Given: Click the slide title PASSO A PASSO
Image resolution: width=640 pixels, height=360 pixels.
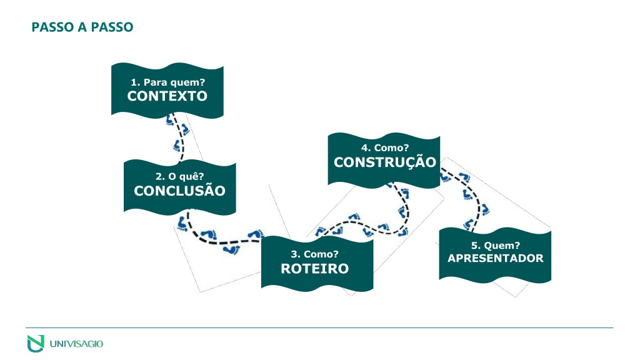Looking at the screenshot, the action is pyautogui.click(x=82, y=27).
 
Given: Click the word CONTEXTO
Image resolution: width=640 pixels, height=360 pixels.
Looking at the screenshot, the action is pyautogui.click(x=167, y=96).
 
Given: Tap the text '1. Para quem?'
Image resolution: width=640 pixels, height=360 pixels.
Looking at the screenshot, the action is pyautogui.click(x=167, y=82).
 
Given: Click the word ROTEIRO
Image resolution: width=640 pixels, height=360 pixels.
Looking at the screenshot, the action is pyautogui.click(x=315, y=269).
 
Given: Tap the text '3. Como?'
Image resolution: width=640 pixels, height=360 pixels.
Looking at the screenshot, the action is pyautogui.click(x=315, y=254).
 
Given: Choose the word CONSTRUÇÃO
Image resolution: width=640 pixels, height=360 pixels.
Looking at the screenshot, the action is pyautogui.click(x=385, y=162).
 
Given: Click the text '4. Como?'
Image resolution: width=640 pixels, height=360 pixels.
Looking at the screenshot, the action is pyautogui.click(x=385, y=147).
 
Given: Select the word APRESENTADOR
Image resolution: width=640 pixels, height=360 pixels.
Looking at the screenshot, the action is pyautogui.click(x=496, y=258).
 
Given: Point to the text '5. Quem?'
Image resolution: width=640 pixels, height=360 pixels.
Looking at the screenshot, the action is pyautogui.click(x=496, y=245).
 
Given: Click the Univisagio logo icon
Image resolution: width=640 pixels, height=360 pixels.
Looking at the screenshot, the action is pyautogui.click(x=36, y=343).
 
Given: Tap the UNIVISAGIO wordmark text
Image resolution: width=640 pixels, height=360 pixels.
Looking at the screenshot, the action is pyautogui.click(x=76, y=344).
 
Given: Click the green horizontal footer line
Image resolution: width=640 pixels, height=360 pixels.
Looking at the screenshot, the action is pyautogui.click(x=319, y=327).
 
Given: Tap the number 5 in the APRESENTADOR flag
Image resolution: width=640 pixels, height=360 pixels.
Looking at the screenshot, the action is pyautogui.click(x=474, y=245).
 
